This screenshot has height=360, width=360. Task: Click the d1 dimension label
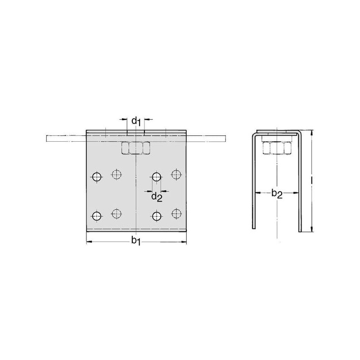(x=136, y=121)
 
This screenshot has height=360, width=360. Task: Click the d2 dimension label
(x=157, y=197)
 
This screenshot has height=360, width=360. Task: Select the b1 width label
(x=136, y=241)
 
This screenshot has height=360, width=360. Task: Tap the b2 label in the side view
(x=277, y=193)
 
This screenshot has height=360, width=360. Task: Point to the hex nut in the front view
(x=136, y=148)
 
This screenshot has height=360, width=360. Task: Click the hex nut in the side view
(x=277, y=148)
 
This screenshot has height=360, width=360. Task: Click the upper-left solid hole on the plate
(x=97, y=177)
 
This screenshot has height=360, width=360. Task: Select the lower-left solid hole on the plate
(x=97, y=216)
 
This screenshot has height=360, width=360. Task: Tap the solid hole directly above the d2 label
(x=157, y=177)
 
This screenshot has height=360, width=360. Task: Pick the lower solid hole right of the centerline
(x=157, y=216)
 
